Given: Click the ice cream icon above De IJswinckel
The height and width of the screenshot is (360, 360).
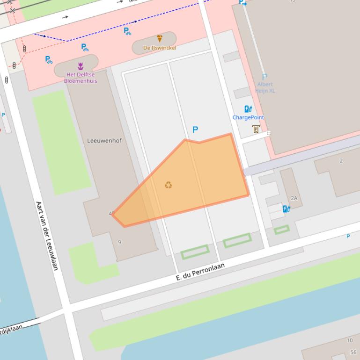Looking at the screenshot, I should (x=159, y=38).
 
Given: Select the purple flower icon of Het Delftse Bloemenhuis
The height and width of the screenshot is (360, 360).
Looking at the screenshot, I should (x=81, y=66).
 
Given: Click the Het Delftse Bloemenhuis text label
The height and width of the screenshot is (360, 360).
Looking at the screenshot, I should (x=81, y=78).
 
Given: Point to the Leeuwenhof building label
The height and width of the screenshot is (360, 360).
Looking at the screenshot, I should (x=104, y=140).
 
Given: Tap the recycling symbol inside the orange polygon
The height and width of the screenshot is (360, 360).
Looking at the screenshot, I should (x=169, y=185).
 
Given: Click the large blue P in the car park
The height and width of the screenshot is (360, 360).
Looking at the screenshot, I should (x=195, y=130).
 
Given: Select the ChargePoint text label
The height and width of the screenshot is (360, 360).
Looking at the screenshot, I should (x=248, y=117).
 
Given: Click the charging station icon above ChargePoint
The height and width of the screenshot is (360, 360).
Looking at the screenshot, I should (x=248, y=109).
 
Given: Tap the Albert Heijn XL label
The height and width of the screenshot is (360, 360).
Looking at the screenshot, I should (x=265, y=87).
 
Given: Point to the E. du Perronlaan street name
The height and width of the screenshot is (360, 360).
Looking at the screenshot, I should (x=200, y=272).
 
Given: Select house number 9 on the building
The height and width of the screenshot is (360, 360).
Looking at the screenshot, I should (x=120, y=242).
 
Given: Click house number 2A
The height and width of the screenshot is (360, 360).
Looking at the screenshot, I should (x=294, y=198).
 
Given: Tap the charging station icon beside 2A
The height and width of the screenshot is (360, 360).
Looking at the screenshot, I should (x=286, y=209).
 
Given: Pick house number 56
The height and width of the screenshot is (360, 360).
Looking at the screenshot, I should (x=353, y=353).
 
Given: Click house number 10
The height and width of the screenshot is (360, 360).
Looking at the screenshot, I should (x=350, y=340).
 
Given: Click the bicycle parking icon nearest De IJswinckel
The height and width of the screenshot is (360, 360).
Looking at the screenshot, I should (x=127, y=31).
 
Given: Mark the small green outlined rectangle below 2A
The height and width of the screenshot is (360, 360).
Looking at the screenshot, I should (x=281, y=230).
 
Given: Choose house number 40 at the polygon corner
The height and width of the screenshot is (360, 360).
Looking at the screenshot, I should (x=111, y=214).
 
